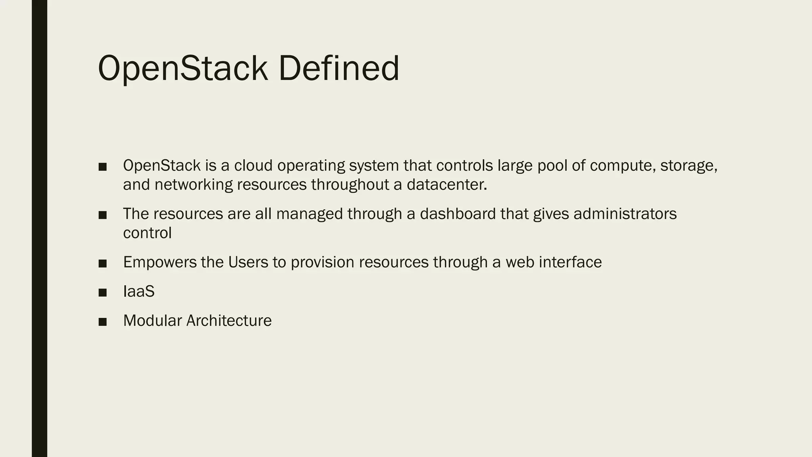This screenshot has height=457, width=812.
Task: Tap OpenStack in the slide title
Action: (x=182, y=68)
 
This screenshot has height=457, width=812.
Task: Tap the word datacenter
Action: (x=446, y=184)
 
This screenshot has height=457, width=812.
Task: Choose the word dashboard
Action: (x=458, y=214)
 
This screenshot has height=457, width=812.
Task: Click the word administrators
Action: (x=625, y=214)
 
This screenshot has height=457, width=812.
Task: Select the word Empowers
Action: (x=160, y=262)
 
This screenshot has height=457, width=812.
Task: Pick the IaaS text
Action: (x=139, y=292)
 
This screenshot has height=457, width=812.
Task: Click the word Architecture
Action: (x=229, y=321)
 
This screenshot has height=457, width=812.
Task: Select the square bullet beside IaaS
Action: (x=103, y=293)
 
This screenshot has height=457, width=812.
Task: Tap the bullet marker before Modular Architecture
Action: (x=103, y=322)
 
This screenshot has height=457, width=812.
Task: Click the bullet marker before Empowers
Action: (x=103, y=263)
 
